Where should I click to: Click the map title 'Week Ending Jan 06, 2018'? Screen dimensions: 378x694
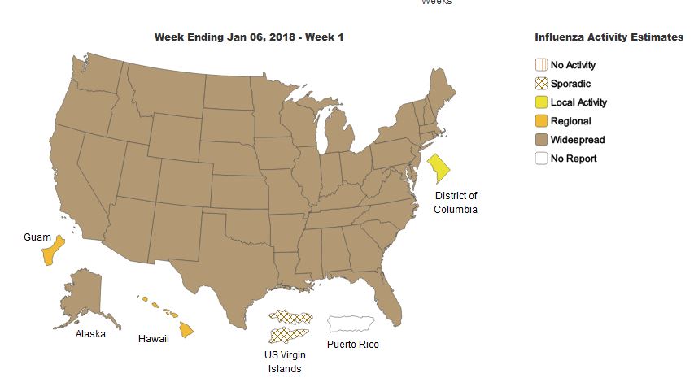249,37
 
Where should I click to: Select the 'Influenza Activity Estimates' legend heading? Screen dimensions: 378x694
609,37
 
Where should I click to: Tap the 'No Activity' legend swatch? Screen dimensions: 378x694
540,65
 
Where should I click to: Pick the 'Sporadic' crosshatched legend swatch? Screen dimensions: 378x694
540,84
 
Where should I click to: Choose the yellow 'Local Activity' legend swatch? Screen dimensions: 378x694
540,102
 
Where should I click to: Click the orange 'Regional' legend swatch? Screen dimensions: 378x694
540,121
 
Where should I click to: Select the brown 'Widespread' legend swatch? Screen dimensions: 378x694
540,140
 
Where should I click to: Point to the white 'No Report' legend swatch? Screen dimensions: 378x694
540,159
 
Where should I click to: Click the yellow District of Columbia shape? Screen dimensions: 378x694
439,168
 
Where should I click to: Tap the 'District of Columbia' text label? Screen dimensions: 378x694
456,202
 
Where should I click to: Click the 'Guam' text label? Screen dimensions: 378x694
37,237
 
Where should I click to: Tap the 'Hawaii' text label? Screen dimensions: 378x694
153,339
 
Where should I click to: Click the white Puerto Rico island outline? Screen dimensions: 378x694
350,324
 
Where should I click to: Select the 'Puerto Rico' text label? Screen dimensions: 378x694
352,345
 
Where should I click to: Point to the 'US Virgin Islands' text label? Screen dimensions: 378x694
285,363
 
